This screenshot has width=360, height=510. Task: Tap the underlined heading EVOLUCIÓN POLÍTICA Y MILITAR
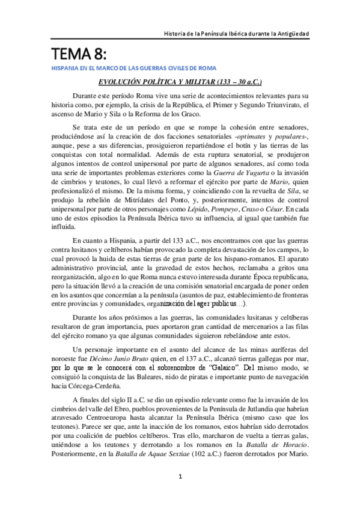pos(179,82)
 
